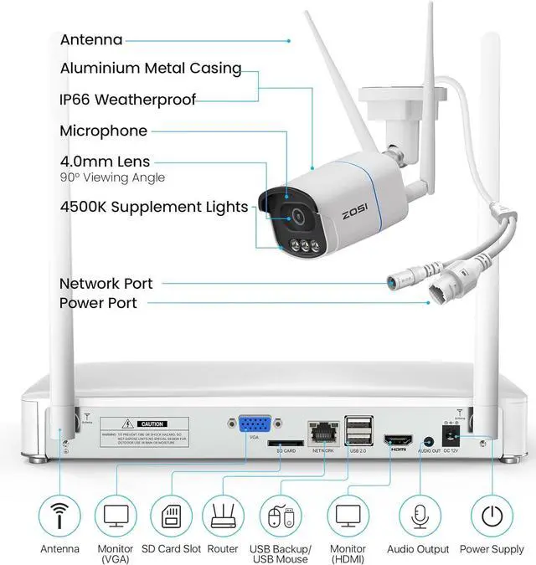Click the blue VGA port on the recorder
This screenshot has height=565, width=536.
[x=253, y=427]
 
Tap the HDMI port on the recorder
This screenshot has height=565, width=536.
[x=395, y=440]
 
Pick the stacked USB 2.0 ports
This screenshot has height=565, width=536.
[x=358, y=431]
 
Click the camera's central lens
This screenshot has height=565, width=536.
[x=297, y=215]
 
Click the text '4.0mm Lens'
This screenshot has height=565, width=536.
[x=106, y=162]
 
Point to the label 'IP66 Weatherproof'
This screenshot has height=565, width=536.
[x=128, y=100]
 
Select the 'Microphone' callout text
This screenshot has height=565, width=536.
[x=103, y=131]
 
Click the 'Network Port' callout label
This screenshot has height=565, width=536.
[x=106, y=284]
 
